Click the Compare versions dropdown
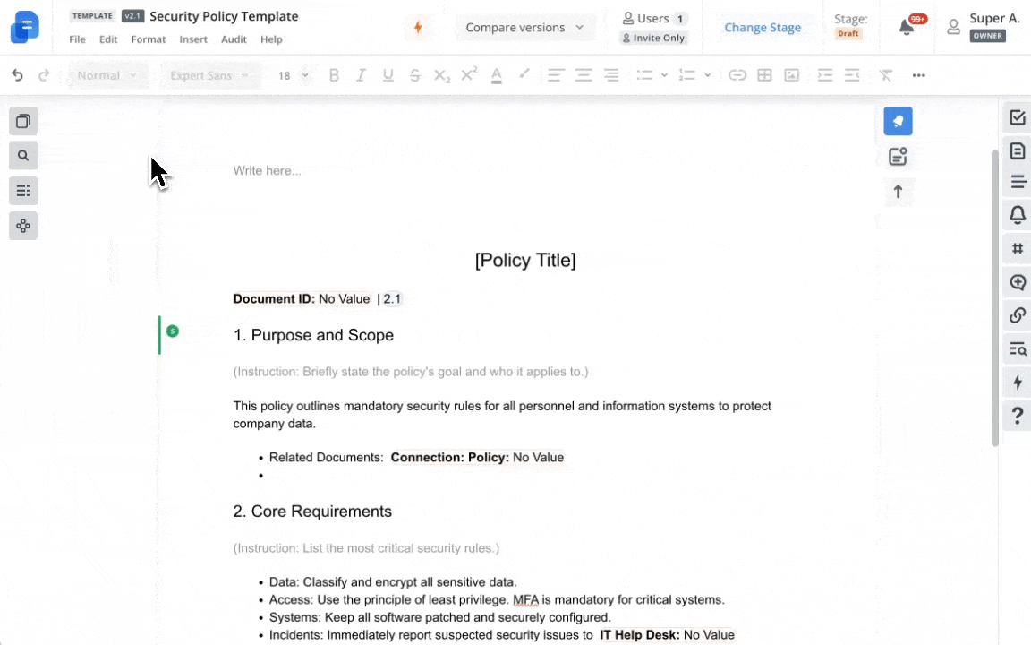coord(524,28)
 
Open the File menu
coord(78,39)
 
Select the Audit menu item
coord(234,39)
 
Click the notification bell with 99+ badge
coord(907,27)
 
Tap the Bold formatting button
coord(334,75)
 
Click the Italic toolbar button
coord(361,75)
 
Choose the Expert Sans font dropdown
coord(209,75)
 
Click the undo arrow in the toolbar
coord(17,75)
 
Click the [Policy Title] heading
coord(525,261)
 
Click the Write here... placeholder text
coord(268,170)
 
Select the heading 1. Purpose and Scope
coord(313,335)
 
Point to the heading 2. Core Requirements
coord(312,512)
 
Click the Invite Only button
coord(653,38)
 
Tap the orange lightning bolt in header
coord(418,27)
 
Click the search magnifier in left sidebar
coord(23,156)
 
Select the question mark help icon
coord(1018,416)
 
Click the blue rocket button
coord(898,121)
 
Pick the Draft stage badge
coord(848,34)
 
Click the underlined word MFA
coord(524,600)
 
